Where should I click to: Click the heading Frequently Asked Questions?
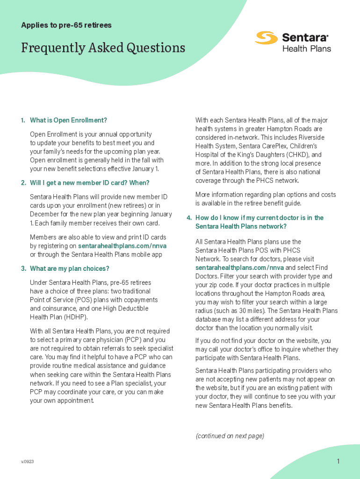pyautogui.click(x=103, y=48)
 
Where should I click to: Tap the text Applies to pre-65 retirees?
pyautogui.click(x=66, y=25)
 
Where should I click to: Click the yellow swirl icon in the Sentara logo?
pyautogui.click(x=266, y=38)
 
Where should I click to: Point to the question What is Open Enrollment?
pyautogui.click(x=68, y=120)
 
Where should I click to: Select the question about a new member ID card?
pyautogui.click(x=89, y=182)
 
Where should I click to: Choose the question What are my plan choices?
pyautogui.click(x=69, y=269)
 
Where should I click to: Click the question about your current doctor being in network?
pyautogui.click(x=259, y=222)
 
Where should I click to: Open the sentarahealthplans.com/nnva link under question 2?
pyautogui.click(x=122, y=246)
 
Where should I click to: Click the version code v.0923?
pyautogui.click(x=27, y=462)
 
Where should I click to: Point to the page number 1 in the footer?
pyautogui.click(x=338, y=462)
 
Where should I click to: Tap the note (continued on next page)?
pyautogui.click(x=230, y=436)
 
